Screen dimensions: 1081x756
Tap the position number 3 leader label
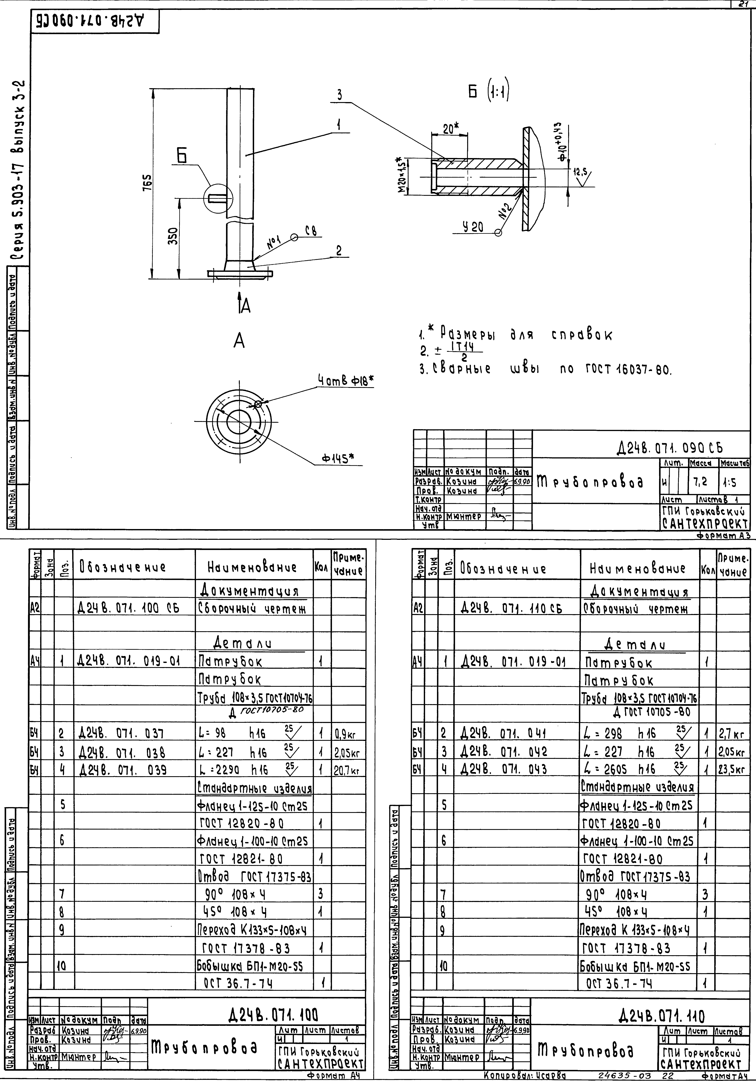point(339,96)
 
